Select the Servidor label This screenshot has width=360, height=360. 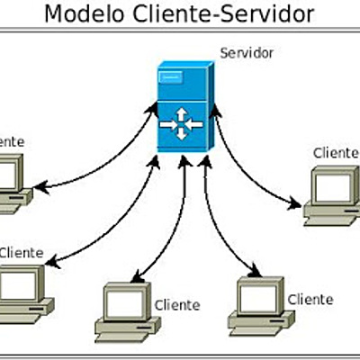[247, 53]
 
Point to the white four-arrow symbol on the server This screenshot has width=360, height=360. [181, 122]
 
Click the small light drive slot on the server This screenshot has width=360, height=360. [172, 77]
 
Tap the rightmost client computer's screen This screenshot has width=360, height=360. [331, 184]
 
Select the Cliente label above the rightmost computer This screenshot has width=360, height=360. [336, 152]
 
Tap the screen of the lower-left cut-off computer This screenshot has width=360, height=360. [16, 284]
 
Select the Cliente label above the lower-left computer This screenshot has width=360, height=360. [21, 253]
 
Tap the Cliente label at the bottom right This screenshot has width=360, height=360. [310, 300]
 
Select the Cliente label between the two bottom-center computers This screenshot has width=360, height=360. [177, 305]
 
